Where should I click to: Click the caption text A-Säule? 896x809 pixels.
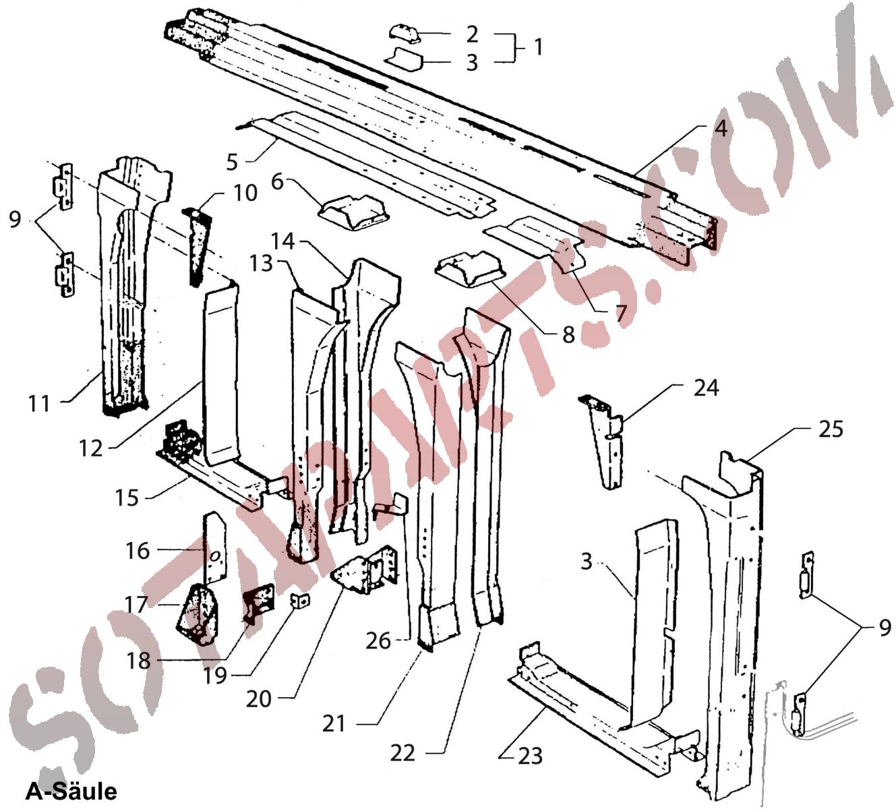pos(71,790)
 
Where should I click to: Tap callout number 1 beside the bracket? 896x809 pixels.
pos(537,47)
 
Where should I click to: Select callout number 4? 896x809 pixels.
pos(721,128)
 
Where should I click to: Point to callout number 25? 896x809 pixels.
pos(831,429)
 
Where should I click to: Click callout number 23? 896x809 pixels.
pos(530,756)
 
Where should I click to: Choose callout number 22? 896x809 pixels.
pos(402,752)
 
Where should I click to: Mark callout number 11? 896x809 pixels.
pos(39,403)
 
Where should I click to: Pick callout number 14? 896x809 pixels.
pos(283,241)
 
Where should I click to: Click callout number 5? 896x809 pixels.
pos(232,162)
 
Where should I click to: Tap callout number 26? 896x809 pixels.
pos(378,640)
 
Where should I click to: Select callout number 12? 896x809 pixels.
pos(91,448)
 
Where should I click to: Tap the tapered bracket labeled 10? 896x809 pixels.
pos(196,246)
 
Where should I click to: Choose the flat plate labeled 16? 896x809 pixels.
pos(214,546)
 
